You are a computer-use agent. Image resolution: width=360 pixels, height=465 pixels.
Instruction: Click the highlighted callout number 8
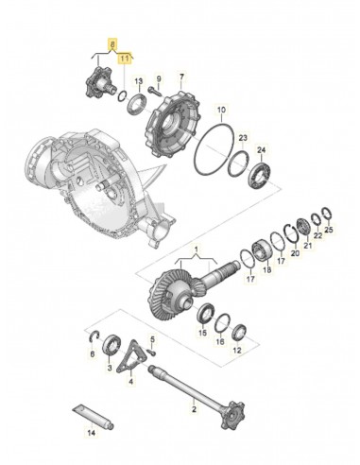pyautogui.click(x=113, y=45)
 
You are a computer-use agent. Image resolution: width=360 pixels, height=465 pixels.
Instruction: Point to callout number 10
pyautogui.click(x=221, y=110)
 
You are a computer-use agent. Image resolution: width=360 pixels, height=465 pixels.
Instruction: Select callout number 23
pyautogui.click(x=243, y=138)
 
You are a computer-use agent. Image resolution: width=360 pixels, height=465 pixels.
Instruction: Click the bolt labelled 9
pyautogui.click(x=157, y=95)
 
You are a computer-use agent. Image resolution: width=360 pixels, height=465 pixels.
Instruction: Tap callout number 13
pyautogui.click(x=139, y=80)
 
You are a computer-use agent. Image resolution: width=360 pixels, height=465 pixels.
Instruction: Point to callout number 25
pyautogui.click(x=328, y=231)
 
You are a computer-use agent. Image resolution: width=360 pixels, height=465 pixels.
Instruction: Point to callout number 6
pyautogui.click(x=92, y=353)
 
